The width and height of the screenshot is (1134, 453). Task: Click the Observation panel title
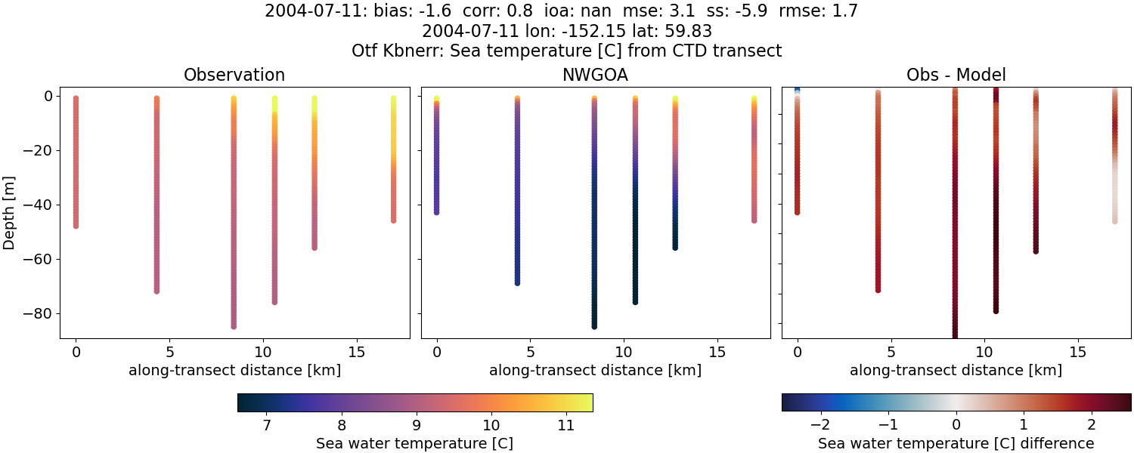(x=234, y=75)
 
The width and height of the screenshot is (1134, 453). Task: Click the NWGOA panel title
(x=595, y=75)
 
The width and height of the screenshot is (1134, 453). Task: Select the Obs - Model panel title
(x=956, y=75)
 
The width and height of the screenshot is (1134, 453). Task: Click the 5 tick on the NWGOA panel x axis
(x=530, y=352)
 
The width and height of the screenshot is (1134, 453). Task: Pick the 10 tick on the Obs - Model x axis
(x=984, y=352)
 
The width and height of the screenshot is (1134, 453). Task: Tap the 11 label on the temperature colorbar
(x=565, y=426)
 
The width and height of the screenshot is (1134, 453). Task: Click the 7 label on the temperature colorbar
(x=267, y=426)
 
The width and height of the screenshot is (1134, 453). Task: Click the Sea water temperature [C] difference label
(x=956, y=443)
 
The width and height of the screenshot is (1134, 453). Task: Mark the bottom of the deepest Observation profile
(x=234, y=326)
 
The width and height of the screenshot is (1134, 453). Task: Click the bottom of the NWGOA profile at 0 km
(x=436, y=213)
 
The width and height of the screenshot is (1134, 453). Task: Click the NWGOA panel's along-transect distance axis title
(x=595, y=370)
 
